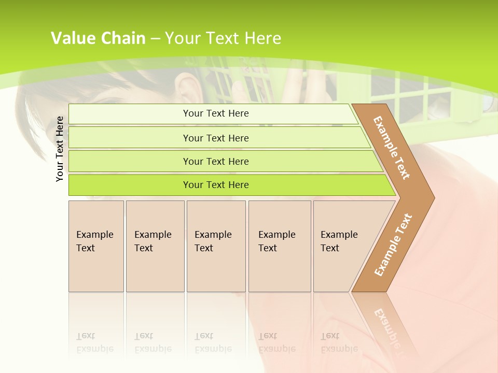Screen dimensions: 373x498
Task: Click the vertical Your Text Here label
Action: point(60,149)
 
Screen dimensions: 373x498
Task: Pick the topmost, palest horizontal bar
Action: point(215,113)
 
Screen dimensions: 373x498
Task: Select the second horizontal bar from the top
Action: point(215,138)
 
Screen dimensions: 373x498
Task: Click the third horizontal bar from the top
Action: point(215,161)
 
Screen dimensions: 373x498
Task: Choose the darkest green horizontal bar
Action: point(215,185)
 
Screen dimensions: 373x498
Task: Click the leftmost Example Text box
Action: point(96,246)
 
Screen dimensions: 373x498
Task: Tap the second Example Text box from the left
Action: point(155,246)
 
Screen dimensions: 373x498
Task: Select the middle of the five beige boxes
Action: point(216,246)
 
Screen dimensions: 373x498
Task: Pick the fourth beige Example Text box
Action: point(279,246)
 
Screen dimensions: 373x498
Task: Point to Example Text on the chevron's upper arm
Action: point(392,148)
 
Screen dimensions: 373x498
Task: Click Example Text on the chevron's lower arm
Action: point(393,245)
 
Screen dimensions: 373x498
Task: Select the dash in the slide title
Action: point(155,38)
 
